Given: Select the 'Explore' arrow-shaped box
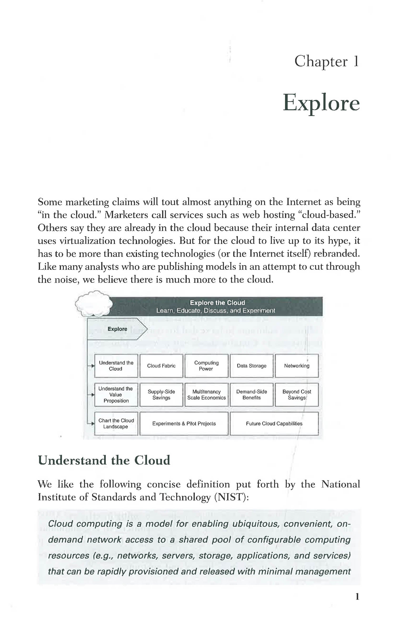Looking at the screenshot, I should pyautogui.click(x=117, y=329).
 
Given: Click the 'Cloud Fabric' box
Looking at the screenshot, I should pyautogui.click(x=161, y=366).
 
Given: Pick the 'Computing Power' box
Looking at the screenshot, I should pyautogui.click(x=206, y=366).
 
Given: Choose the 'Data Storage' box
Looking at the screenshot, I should pyautogui.click(x=251, y=366).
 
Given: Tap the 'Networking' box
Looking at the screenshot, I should pyautogui.click(x=296, y=366).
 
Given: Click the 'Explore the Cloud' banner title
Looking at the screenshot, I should pyautogui.click(x=217, y=303).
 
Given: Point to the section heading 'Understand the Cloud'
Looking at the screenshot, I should pyautogui.click(x=104, y=460).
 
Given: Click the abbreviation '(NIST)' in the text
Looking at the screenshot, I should pyautogui.click(x=231, y=497).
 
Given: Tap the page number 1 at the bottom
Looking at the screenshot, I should pyautogui.click(x=357, y=597).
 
